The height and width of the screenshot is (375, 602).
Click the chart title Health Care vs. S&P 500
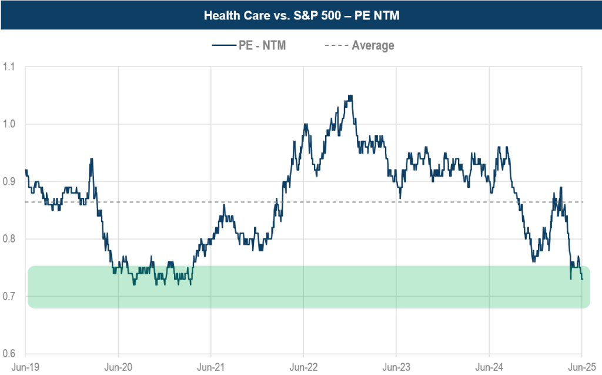pos(301,15)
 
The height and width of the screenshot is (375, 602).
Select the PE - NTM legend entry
pos(262,45)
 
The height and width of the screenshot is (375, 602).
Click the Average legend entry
pos(373,45)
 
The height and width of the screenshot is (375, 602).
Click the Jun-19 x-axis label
pos(25,366)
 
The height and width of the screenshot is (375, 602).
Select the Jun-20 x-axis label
pos(118,366)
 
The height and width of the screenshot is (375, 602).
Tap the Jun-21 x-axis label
pos(210,366)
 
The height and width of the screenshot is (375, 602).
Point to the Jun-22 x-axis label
pos(303,366)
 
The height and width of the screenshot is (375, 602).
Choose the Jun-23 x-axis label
pos(396,366)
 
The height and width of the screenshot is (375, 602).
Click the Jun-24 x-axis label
pos(489,366)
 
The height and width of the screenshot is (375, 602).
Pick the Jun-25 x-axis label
pos(581,366)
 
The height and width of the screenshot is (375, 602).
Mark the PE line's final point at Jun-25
pos(582,279)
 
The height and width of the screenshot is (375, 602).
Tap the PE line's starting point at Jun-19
pos(26,170)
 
